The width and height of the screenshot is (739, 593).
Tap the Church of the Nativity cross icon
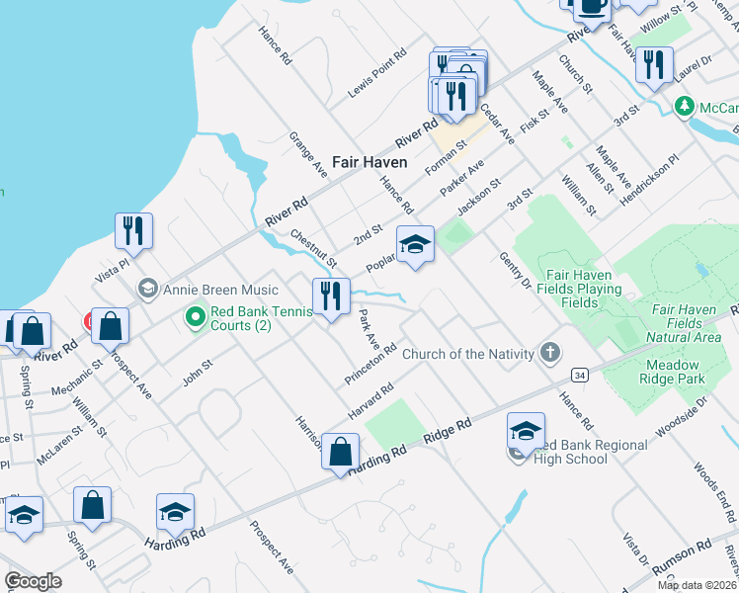[550, 353]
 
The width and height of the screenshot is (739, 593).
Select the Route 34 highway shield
[579, 376]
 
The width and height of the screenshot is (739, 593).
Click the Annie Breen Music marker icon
[148, 289]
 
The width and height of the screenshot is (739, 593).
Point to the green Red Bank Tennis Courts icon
[195, 316]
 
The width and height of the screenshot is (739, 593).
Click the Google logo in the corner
[34, 580]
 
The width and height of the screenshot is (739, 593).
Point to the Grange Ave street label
[308, 154]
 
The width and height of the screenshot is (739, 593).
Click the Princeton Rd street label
[370, 365]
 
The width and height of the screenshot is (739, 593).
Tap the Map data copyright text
[698, 585]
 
